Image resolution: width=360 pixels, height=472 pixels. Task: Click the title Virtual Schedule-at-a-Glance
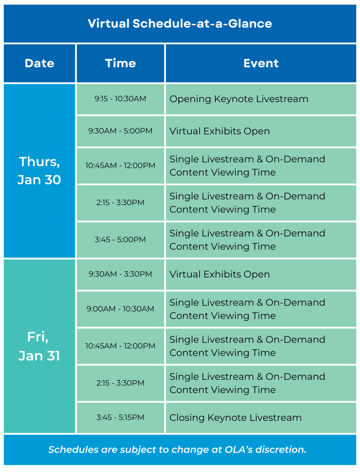point(180,24)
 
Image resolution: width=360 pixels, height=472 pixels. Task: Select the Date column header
point(39,63)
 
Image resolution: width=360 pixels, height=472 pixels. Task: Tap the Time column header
point(120,63)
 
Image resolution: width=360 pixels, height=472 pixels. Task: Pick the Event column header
point(261,63)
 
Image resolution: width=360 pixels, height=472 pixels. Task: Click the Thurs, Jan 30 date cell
point(39,171)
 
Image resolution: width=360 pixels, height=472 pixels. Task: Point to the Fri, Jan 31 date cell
point(39,346)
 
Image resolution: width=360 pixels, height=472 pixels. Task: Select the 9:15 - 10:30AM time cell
point(120,99)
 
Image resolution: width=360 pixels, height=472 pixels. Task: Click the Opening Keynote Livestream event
point(239,99)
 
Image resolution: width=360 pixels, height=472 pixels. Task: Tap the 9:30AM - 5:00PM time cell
point(120,131)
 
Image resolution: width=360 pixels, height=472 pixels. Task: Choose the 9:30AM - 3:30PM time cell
point(120,274)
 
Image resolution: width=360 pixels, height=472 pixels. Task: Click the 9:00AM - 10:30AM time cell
point(120,309)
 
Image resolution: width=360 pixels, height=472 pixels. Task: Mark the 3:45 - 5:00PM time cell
point(120,240)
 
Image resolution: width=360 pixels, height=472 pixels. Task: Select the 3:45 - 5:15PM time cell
point(120,418)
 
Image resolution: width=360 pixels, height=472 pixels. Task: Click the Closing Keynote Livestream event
point(236,418)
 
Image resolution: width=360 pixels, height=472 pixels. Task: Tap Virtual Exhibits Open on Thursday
point(219,131)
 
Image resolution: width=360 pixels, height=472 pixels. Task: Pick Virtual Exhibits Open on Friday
point(219,274)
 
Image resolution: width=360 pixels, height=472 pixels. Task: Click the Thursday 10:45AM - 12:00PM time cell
point(120,165)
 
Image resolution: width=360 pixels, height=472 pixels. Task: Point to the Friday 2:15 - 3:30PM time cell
point(120,383)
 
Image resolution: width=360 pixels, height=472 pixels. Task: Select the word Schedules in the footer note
point(71,449)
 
